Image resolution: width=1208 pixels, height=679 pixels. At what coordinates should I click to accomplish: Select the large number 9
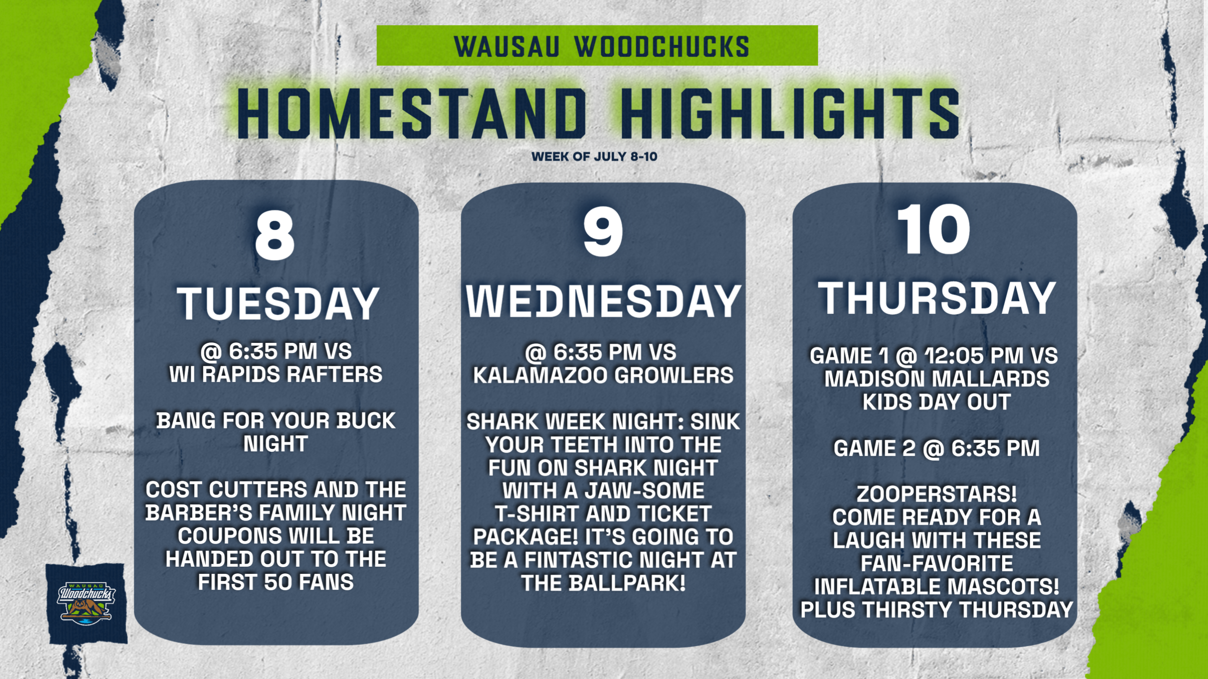(x=603, y=233)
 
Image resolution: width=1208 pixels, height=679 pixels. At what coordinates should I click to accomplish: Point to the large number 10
(x=934, y=230)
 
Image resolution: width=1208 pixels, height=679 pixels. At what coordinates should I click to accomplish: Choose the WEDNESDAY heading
(x=604, y=301)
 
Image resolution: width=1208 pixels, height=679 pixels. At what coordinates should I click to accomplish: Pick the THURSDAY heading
(x=937, y=298)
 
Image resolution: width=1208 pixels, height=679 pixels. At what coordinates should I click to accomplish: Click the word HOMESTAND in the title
(x=412, y=114)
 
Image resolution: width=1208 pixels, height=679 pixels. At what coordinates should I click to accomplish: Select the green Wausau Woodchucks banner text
(x=601, y=46)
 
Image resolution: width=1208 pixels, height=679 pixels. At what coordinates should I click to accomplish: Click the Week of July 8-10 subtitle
(x=594, y=156)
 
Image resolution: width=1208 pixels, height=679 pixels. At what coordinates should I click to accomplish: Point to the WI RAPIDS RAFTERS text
(x=276, y=374)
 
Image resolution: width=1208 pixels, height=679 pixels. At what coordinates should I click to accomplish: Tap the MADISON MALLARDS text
(x=937, y=378)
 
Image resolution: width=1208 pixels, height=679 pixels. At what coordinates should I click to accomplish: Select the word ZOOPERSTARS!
(x=937, y=494)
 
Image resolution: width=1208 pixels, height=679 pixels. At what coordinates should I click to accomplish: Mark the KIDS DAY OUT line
(x=937, y=402)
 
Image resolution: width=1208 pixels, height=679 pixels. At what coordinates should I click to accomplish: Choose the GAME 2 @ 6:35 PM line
(x=937, y=448)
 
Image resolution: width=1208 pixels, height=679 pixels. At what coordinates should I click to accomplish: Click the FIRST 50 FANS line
(x=276, y=582)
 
